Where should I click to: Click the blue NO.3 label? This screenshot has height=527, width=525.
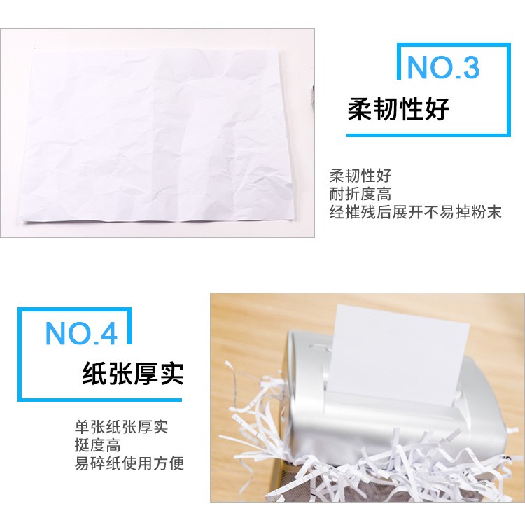tap(443, 67)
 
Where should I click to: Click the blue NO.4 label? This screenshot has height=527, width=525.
tap(81, 333)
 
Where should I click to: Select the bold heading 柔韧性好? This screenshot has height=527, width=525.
tap(398, 109)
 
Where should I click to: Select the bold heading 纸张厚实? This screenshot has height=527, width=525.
tap(133, 373)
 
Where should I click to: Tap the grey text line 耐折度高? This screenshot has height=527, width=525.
tap(360, 194)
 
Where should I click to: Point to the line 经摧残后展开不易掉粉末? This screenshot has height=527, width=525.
tap(415, 212)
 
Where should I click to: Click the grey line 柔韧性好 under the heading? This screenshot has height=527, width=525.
tap(360, 176)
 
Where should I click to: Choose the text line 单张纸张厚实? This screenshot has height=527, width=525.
tap(121, 427)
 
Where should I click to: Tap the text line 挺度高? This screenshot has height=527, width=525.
tap(97, 445)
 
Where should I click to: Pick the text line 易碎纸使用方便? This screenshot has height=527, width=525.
tap(129, 463)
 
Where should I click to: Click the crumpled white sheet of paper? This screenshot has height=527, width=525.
tap(157, 134)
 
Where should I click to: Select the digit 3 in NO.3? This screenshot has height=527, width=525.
tap(470, 68)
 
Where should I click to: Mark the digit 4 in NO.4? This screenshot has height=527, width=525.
tap(108, 333)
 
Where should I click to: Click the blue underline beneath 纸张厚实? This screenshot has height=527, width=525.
tap(100, 400)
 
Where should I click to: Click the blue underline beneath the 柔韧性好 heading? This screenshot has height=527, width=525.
tap(428, 135)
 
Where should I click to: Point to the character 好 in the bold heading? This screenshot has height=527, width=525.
tap(437, 109)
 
